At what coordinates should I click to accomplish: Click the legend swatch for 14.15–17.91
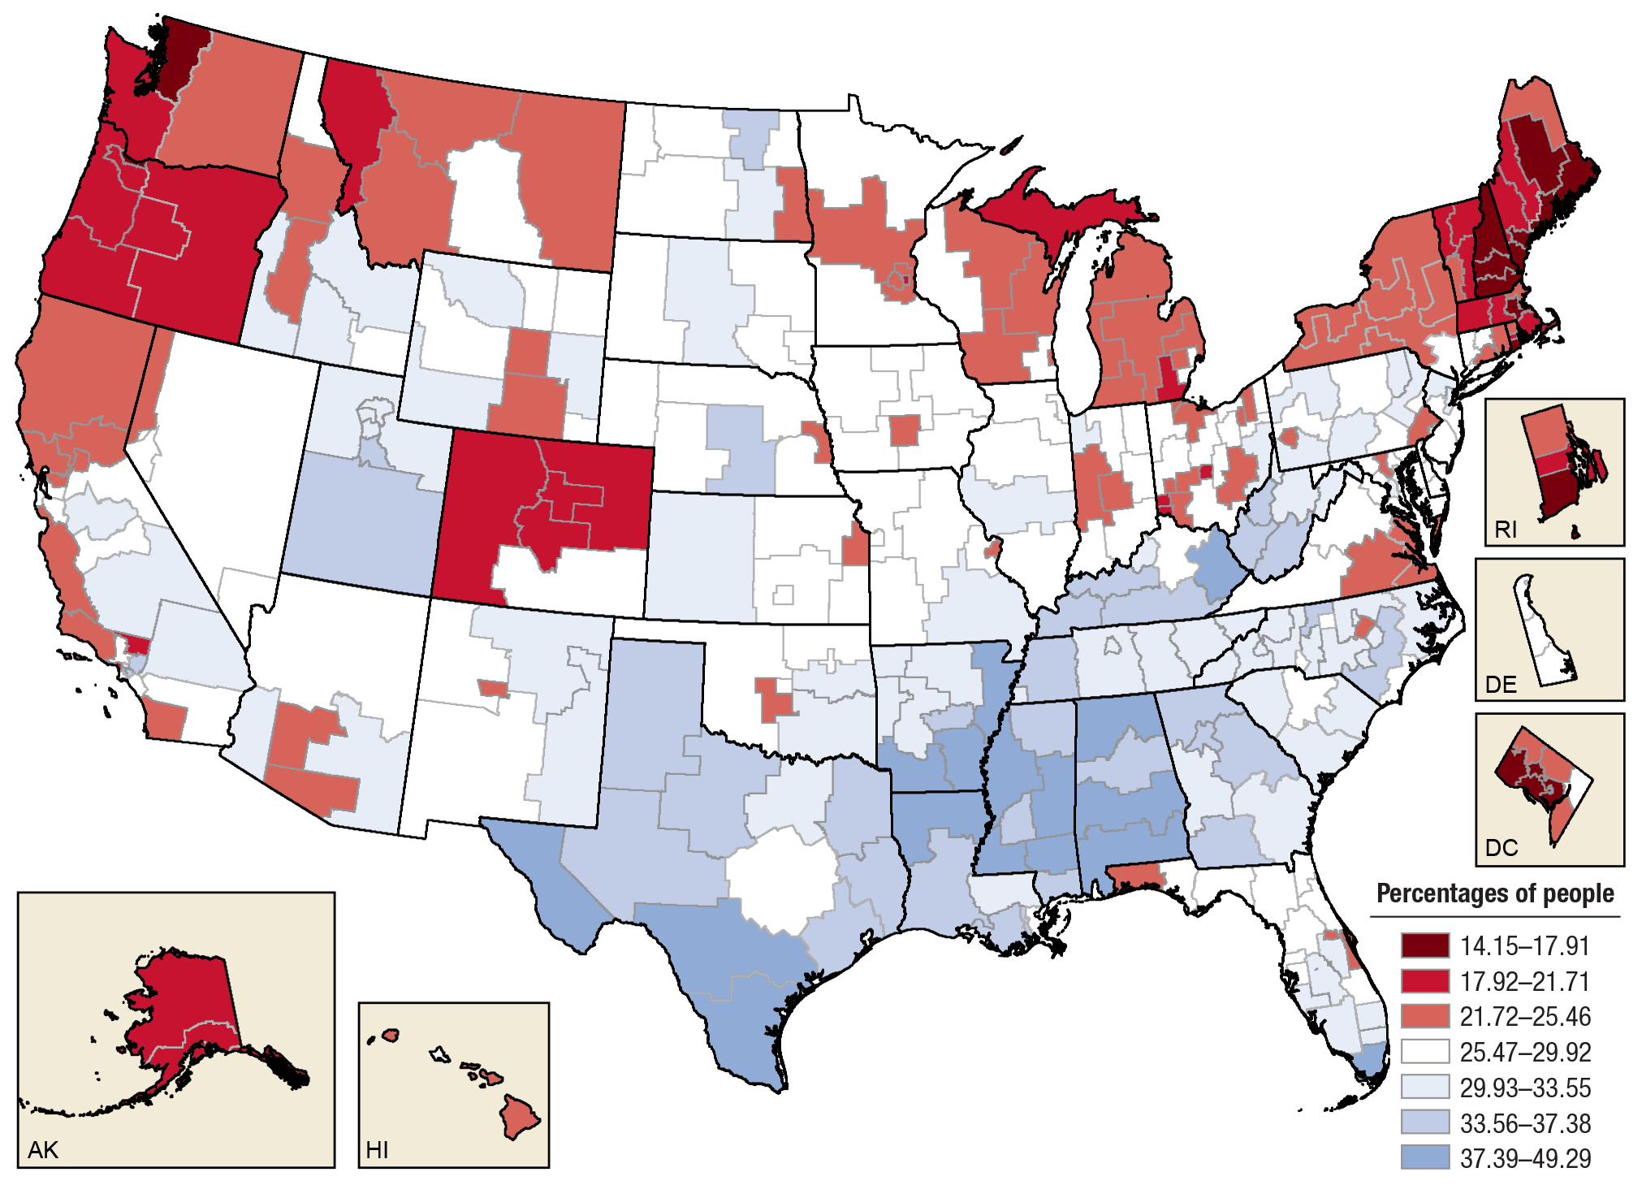pyautogui.click(x=1424, y=945)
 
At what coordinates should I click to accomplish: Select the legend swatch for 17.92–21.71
pyautogui.click(x=1424, y=981)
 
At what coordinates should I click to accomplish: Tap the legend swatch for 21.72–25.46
pyautogui.click(x=1424, y=1016)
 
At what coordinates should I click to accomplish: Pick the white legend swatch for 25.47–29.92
pyautogui.click(x=1424, y=1052)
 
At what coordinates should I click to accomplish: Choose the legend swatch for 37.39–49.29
pyautogui.click(x=1424, y=1157)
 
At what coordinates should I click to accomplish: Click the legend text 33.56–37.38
pyautogui.click(x=1525, y=1123)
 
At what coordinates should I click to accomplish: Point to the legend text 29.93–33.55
pyautogui.click(x=1525, y=1088)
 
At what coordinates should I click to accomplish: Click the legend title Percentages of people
pyautogui.click(x=1495, y=893)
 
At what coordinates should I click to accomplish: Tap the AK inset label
pyautogui.click(x=43, y=1150)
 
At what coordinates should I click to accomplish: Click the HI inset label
pyautogui.click(x=377, y=1150)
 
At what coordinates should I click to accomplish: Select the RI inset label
pyautogui.click(x=1506, y=530)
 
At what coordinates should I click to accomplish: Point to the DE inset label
pyautogui.click(x=1501, y=685)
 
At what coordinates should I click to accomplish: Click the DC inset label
pyautogui.click(x=1502, y=848)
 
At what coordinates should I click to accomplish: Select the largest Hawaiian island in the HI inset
pyautogui.click(x=520, y=1117)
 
